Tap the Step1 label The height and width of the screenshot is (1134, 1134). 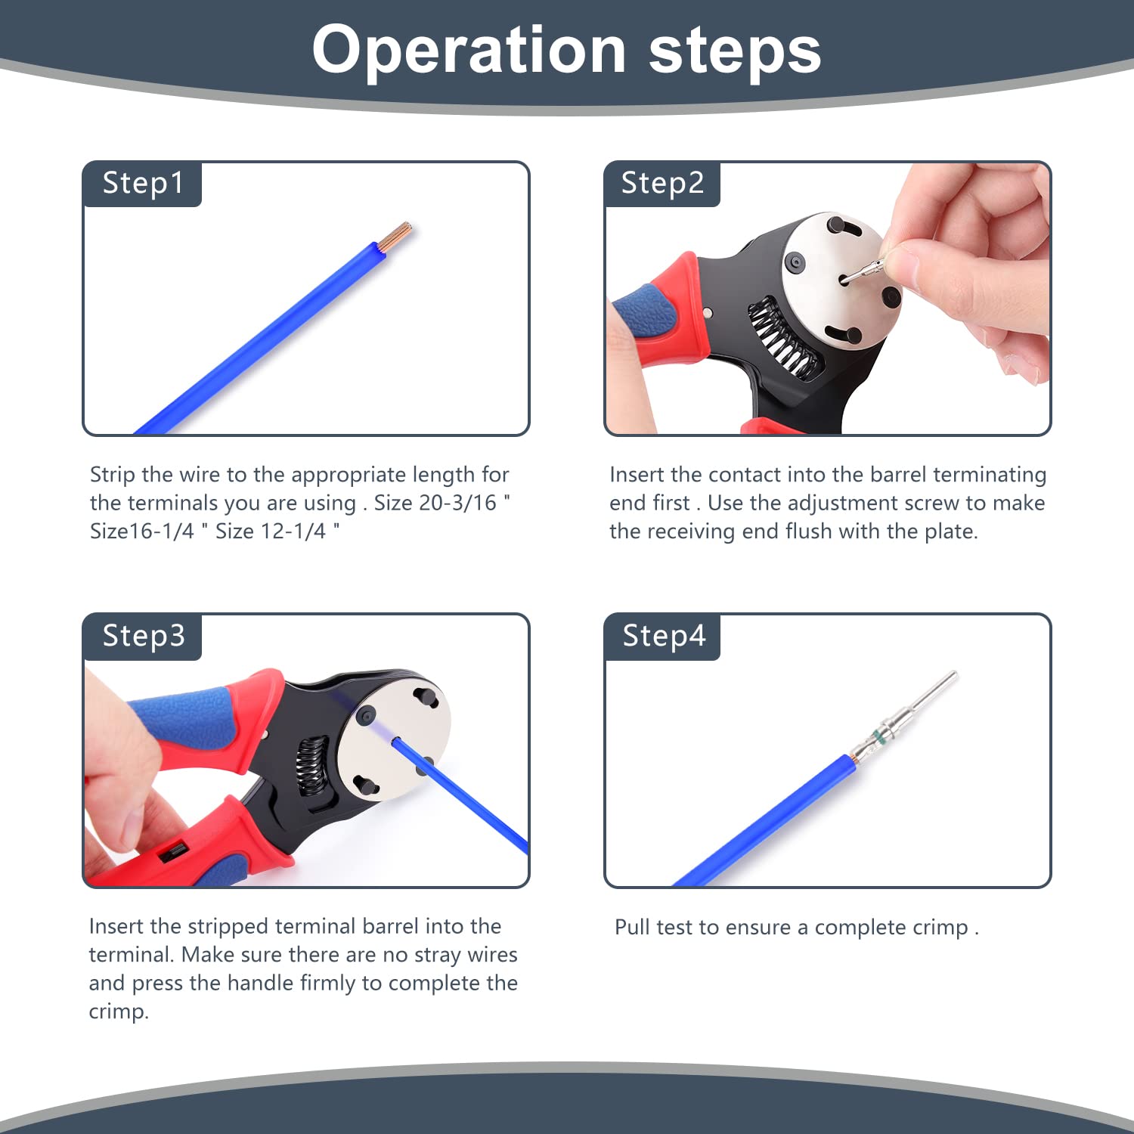tap(143, 184)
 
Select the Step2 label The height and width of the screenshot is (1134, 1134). tap(662, 184)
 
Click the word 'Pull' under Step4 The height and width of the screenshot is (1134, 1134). tap(633, 927)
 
